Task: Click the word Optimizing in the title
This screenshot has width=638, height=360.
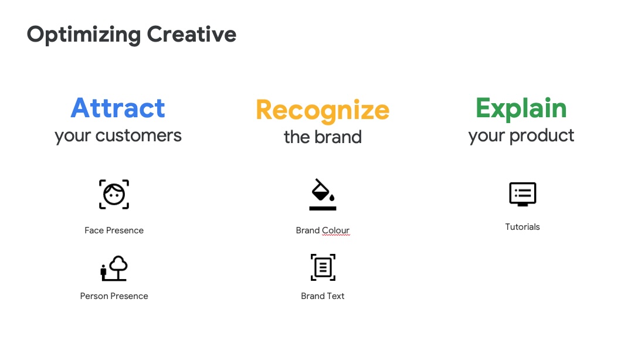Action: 84,35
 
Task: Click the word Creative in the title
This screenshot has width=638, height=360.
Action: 192,34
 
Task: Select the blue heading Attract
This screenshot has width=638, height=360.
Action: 118,108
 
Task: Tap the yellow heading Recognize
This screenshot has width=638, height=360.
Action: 323,111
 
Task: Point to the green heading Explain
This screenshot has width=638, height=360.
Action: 521,109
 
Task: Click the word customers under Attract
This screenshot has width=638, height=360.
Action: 138,136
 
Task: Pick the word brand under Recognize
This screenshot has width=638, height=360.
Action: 338,137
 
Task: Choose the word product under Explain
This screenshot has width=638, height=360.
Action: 542,136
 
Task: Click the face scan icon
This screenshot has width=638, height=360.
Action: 114,195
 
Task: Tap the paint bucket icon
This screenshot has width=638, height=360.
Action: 323,195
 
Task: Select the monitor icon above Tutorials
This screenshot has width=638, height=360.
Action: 523,194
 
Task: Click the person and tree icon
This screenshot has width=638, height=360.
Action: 114,269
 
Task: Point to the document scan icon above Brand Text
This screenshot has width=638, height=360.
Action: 323,267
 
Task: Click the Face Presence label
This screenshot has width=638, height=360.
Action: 114,230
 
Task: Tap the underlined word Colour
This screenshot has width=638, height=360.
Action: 335,230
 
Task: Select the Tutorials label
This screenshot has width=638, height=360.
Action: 522,227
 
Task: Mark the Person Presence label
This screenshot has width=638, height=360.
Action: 114,296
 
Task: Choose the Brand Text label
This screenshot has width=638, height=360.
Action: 323,296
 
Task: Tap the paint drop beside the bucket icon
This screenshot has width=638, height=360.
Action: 332,198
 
